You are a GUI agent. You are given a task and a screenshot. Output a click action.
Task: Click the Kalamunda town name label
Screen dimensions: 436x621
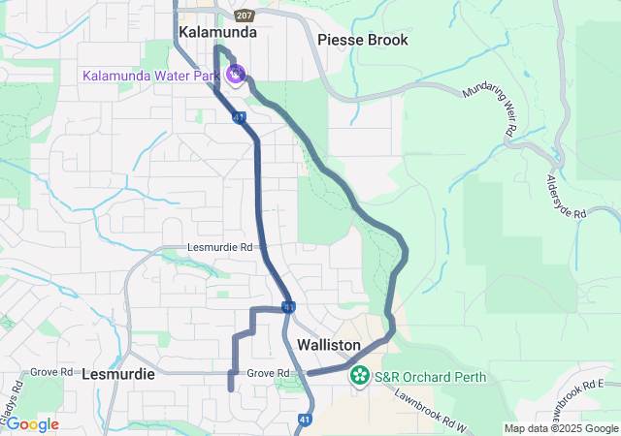point(217,32)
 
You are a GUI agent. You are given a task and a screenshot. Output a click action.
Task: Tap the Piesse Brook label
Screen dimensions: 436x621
point(362,40)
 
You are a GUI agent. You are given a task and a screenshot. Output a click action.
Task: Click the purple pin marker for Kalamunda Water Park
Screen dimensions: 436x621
point(235,73)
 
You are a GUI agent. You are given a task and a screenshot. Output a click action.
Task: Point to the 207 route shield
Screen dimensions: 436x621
point(245,16)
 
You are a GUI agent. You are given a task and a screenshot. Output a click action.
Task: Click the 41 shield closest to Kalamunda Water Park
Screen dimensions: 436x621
point(239,117)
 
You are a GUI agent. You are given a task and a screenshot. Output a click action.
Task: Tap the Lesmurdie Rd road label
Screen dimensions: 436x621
point(220,247)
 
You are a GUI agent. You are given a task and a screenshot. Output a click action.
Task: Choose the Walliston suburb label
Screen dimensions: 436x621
point(329,345)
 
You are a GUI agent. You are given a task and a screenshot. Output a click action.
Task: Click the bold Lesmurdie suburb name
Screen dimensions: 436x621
point(117,373)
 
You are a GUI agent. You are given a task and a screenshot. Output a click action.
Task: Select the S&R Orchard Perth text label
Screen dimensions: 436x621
point(430,375)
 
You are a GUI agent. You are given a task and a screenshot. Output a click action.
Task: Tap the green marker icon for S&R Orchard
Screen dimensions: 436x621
point(360,375)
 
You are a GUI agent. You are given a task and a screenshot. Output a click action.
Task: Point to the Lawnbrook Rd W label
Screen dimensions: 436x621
point(431,409)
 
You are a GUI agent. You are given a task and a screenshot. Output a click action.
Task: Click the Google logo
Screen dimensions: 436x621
point(32,424)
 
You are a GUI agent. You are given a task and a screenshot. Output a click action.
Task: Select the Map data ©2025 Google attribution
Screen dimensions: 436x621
point(561,428)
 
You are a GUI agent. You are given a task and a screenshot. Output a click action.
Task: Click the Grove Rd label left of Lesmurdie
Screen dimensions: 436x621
point(51,371)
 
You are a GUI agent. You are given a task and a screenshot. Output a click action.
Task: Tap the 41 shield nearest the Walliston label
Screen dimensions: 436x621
point(289,307)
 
